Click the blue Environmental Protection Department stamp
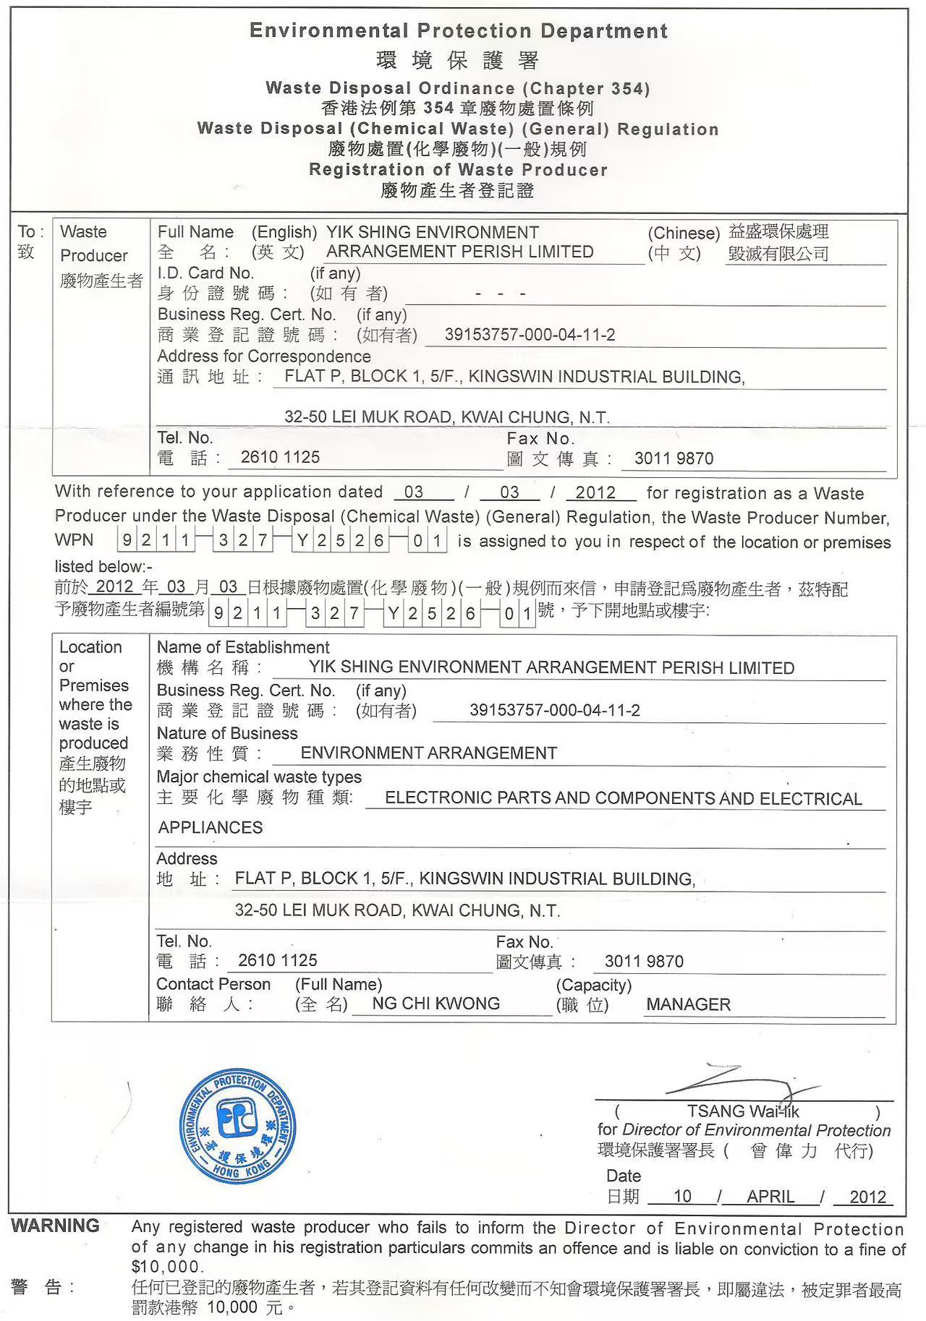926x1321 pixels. (x=237, y=1125)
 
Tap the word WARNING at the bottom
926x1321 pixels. (x=55, y=1226)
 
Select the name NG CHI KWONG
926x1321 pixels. (x=436, y=1004)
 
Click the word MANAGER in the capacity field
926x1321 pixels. (x=688, y=1004)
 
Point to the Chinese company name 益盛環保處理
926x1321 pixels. (x=778, y=231)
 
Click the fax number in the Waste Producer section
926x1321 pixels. (x=674, y=458)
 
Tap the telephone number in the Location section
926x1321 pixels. (x=278, y=960)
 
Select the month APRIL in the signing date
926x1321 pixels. (x=770, y=1197)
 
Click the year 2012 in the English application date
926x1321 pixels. (x=595, y=492)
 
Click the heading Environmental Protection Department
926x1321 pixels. (x=458, y=31)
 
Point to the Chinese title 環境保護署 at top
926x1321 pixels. (x=458, y=61)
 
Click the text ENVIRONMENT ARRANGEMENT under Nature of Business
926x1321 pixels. (x=428, y=753)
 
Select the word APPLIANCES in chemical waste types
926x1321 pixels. (x=211, y=828)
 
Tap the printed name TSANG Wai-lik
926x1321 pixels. (x=743, y=1111)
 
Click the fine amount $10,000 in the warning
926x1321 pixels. (x=165, y=1267)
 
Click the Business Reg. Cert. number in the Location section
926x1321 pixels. (x=554, y=710)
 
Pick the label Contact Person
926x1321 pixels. (x=213, y=984)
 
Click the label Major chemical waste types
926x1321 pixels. (x=259, y=777)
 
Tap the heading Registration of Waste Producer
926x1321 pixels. (x=458, y=170)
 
